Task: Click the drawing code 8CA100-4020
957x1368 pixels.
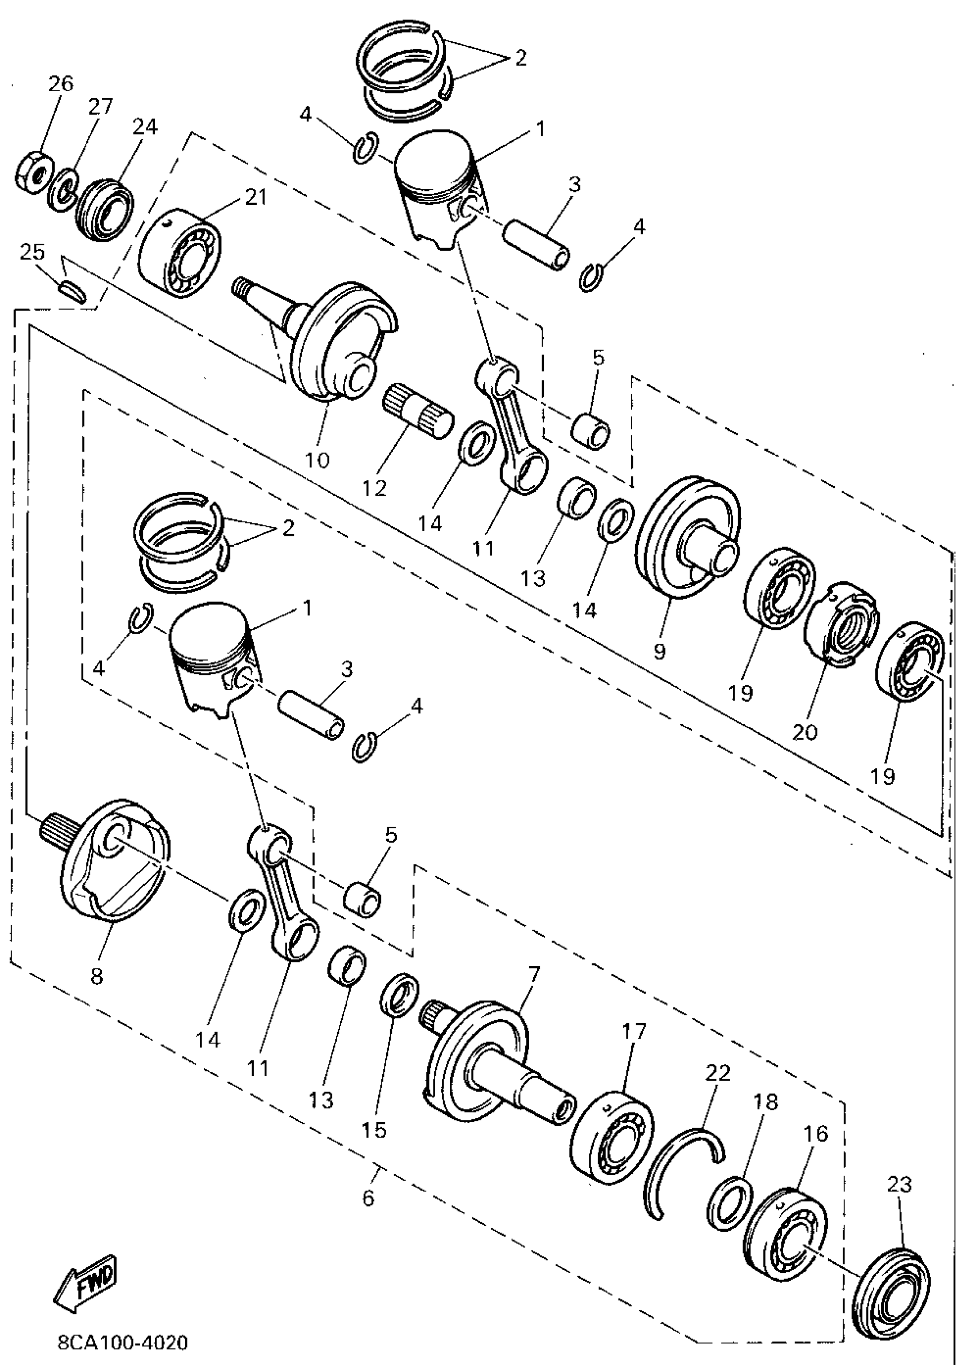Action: point(123,1343)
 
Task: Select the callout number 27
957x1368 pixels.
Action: point(100,107)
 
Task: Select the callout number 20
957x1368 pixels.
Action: point(804,731)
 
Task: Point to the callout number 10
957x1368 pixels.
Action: point(317,460)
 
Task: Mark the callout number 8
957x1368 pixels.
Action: point(96,976)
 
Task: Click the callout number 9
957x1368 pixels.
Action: point(659,651)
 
